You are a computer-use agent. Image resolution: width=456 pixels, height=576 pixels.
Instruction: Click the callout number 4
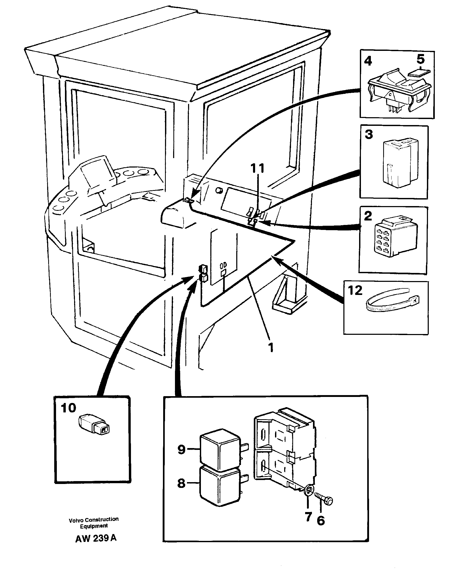point(368,61)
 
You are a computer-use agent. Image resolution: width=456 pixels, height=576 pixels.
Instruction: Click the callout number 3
point(369,134)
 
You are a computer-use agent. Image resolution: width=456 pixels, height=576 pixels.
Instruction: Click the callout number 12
point(355,290)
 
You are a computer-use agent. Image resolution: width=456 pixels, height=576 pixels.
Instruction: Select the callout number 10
point(68,408)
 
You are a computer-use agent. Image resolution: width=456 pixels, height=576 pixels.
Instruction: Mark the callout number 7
point(309,517)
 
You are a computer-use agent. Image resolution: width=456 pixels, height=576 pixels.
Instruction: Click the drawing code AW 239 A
point(96,538)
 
